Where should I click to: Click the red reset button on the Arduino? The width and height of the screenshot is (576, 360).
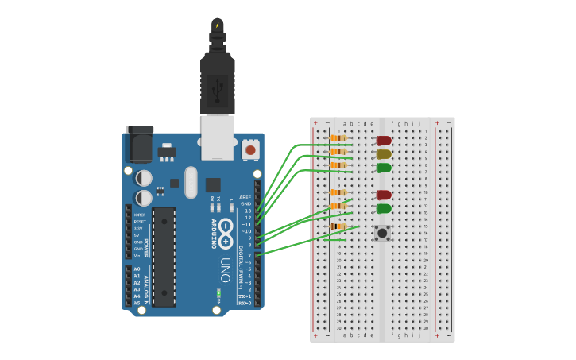click(250, 149)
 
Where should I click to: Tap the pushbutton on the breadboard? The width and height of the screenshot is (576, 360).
click(382, 233)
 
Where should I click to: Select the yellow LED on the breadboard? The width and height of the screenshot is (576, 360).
click(384, 154)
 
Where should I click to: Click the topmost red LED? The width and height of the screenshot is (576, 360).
click(384, 141)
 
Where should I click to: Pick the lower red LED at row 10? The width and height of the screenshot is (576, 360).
click(384, 195)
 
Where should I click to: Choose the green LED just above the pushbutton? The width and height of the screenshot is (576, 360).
click(384, 208)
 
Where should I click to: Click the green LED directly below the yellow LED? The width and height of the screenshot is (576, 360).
click(384, 168)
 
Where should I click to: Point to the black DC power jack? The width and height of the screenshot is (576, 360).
click(139, 145)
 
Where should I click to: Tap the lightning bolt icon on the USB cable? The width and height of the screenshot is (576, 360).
click(218, 25)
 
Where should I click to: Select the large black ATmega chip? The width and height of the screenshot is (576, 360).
click(164, 257)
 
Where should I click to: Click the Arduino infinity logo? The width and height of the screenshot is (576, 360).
click(226, 230)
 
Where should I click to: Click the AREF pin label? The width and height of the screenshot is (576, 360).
click(245, 197)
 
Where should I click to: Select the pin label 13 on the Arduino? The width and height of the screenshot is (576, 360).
click(248, 211)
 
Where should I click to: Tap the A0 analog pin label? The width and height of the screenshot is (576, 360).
click(137, 269)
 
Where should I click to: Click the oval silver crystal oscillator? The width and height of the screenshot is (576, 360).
click(190, 182)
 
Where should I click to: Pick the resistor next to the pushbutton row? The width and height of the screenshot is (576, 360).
click(338, 226)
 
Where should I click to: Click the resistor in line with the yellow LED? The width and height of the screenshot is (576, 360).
click(338, 152)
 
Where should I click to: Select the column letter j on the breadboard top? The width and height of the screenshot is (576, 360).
click(419, 124)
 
